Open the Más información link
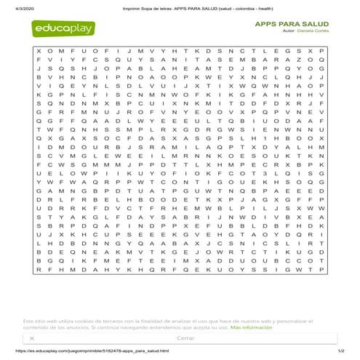pyautogui.click(x=252, y=328)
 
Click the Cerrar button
pyautogui.click(x=185, y=338)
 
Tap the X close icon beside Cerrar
pyautogui.click(x=33, y=338)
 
